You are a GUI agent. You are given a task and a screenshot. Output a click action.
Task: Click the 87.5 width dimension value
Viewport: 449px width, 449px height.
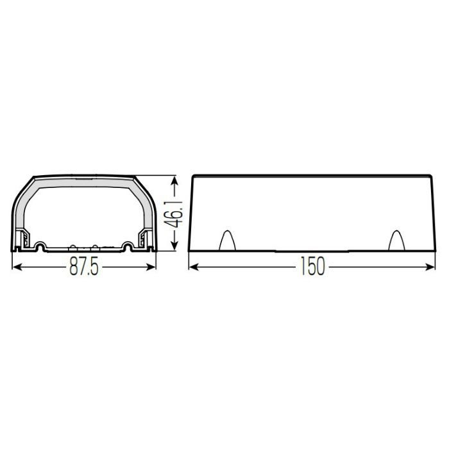tap(84, 267)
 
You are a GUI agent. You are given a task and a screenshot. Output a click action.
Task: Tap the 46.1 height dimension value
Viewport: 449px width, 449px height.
tap(174, 214)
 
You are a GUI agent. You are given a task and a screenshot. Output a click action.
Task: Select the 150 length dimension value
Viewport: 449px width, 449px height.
tap(312, 266)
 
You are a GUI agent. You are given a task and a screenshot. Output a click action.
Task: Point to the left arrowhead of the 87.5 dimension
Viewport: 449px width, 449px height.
tap(17, 267)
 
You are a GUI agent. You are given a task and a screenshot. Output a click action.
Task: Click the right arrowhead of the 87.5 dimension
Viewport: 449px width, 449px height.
tap(151, 267)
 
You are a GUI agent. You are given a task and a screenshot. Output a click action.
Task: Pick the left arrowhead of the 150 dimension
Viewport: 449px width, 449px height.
tap(194, 267)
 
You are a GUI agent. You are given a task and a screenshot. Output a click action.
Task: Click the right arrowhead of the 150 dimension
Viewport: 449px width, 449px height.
tap(430, 267)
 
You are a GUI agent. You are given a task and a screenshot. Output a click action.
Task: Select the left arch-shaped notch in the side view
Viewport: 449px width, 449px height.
tap(227, 240)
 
